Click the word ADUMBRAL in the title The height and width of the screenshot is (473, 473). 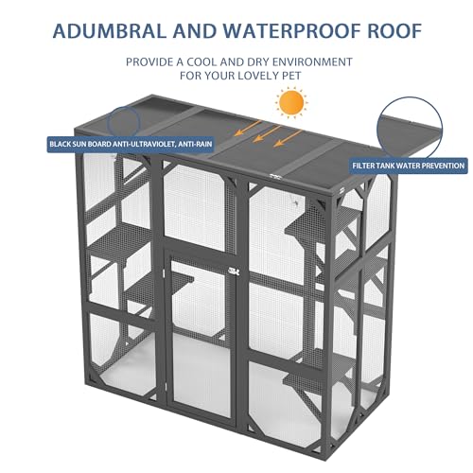(x=110, y=31)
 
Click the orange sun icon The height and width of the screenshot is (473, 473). (x=290, y=102)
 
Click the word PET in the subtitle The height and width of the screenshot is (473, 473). (x=290, y=76)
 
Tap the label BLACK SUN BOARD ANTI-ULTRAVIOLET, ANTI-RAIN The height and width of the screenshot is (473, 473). (x=131, y=145)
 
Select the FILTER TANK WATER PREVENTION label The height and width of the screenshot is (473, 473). (x=409, y=166)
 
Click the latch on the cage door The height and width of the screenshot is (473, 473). (x=234, y=271)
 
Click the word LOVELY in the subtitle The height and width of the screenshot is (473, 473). (x=256, y=76)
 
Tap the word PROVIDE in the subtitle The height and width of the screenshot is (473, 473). (x=149, y=61)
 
